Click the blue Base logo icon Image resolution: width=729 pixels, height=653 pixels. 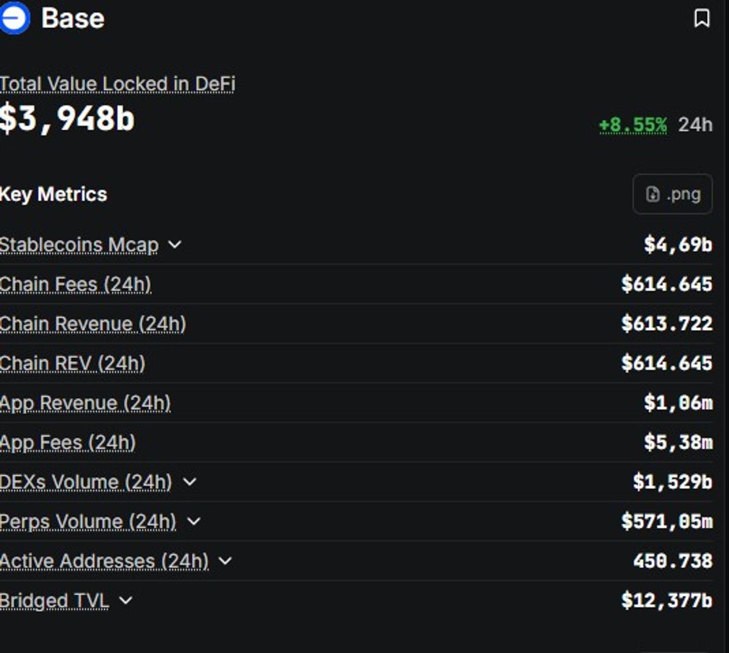click(15, 18)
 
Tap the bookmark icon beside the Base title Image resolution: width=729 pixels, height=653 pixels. click(702, 18)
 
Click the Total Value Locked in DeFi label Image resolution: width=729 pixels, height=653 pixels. click(117, 84)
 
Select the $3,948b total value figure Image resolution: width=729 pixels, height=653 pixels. click(67, 119)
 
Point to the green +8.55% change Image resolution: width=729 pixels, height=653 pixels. click(633, 125)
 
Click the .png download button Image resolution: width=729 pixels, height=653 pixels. click(673, 194)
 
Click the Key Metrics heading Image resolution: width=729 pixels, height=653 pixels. click(53, 194)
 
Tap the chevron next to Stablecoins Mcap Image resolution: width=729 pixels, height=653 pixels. click(175, 244)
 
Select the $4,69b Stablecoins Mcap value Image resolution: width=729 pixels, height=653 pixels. click(678, 244)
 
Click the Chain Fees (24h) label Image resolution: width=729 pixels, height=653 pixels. click(75, 284)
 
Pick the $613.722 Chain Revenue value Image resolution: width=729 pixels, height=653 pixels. click(667, 323)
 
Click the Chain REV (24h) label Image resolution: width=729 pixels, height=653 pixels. click(72, 363)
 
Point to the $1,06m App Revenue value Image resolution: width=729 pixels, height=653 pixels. click(678, 403)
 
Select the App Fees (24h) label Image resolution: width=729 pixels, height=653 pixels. click(67, 442)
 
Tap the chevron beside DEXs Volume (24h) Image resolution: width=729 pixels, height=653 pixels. click(190, 482)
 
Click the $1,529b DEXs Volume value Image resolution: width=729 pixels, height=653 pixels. click(673, 482)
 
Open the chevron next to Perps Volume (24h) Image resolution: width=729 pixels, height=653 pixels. click(194, 521)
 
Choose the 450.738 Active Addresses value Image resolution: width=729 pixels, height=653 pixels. click(673, 561)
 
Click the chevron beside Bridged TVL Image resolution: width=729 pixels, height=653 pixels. click(126, 600)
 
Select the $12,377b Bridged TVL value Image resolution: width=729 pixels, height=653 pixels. click(667, 601)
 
